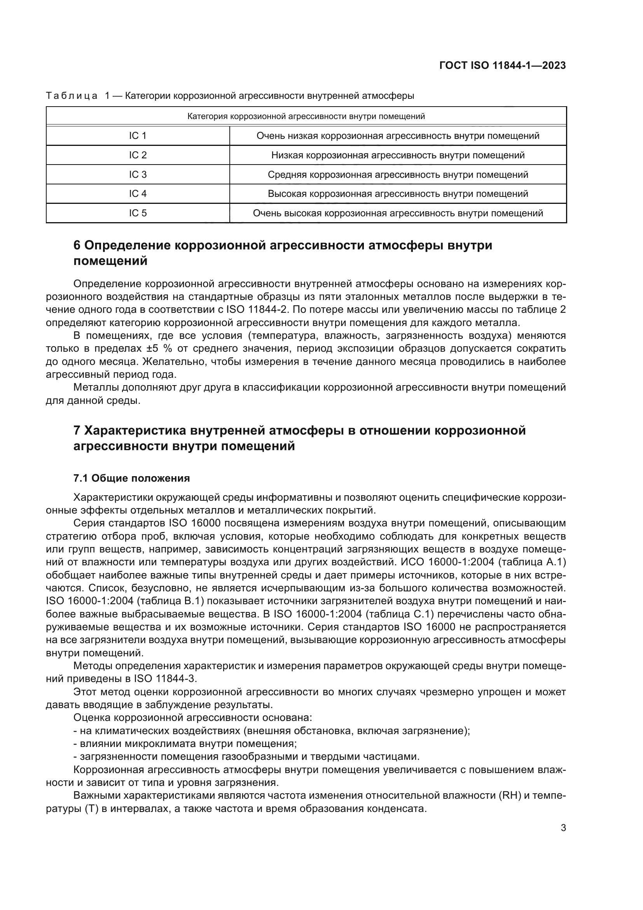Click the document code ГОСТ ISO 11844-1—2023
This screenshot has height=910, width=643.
coord(502,65)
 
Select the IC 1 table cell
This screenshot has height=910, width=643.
coord(138,136)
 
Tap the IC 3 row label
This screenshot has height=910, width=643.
coord(138,175)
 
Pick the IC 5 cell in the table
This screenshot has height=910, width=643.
coord(138,213)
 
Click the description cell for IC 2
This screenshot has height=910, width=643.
coord(398,155)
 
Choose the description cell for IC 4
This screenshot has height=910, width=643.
coord(398,194)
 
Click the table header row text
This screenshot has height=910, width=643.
coord(306,117)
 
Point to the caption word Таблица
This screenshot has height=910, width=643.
coord(72,96)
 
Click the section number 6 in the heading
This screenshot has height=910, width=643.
coord(77,245)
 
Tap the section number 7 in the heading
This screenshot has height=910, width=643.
coord(77,430)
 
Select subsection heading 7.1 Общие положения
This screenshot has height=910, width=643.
coord(131,479)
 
